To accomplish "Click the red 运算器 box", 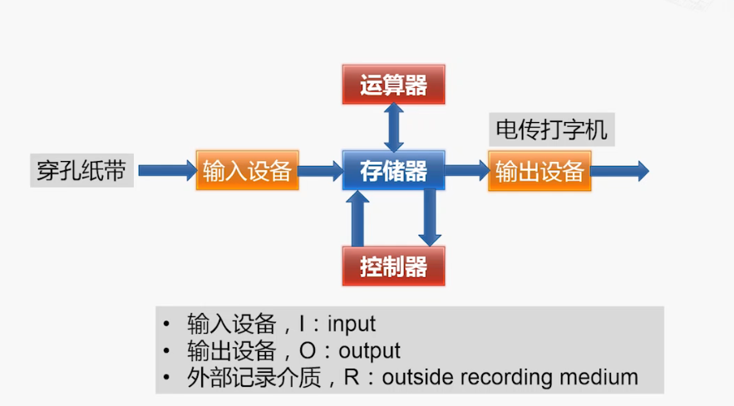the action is click(393, 85).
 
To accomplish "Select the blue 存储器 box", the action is click(393, 170).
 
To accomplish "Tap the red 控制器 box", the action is click(393, 267).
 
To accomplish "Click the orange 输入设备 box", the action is click(247, 170).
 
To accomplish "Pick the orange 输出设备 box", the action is click(539, 171).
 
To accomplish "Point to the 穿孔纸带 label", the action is click(82, 170).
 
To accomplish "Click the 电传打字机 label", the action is click(551, 130).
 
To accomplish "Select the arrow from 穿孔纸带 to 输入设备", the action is click(168, 170).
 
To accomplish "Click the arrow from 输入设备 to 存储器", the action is click(321, 170).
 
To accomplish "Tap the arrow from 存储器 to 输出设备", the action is click(466, 170).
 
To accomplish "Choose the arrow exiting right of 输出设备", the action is click(620, 171).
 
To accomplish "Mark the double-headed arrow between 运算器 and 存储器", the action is click(394, 127).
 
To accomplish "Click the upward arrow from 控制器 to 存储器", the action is click(357, 218).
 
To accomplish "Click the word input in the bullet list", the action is click(351, 324).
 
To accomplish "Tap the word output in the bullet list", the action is click(369, 351).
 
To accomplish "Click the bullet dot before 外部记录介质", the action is click(165, 377).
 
